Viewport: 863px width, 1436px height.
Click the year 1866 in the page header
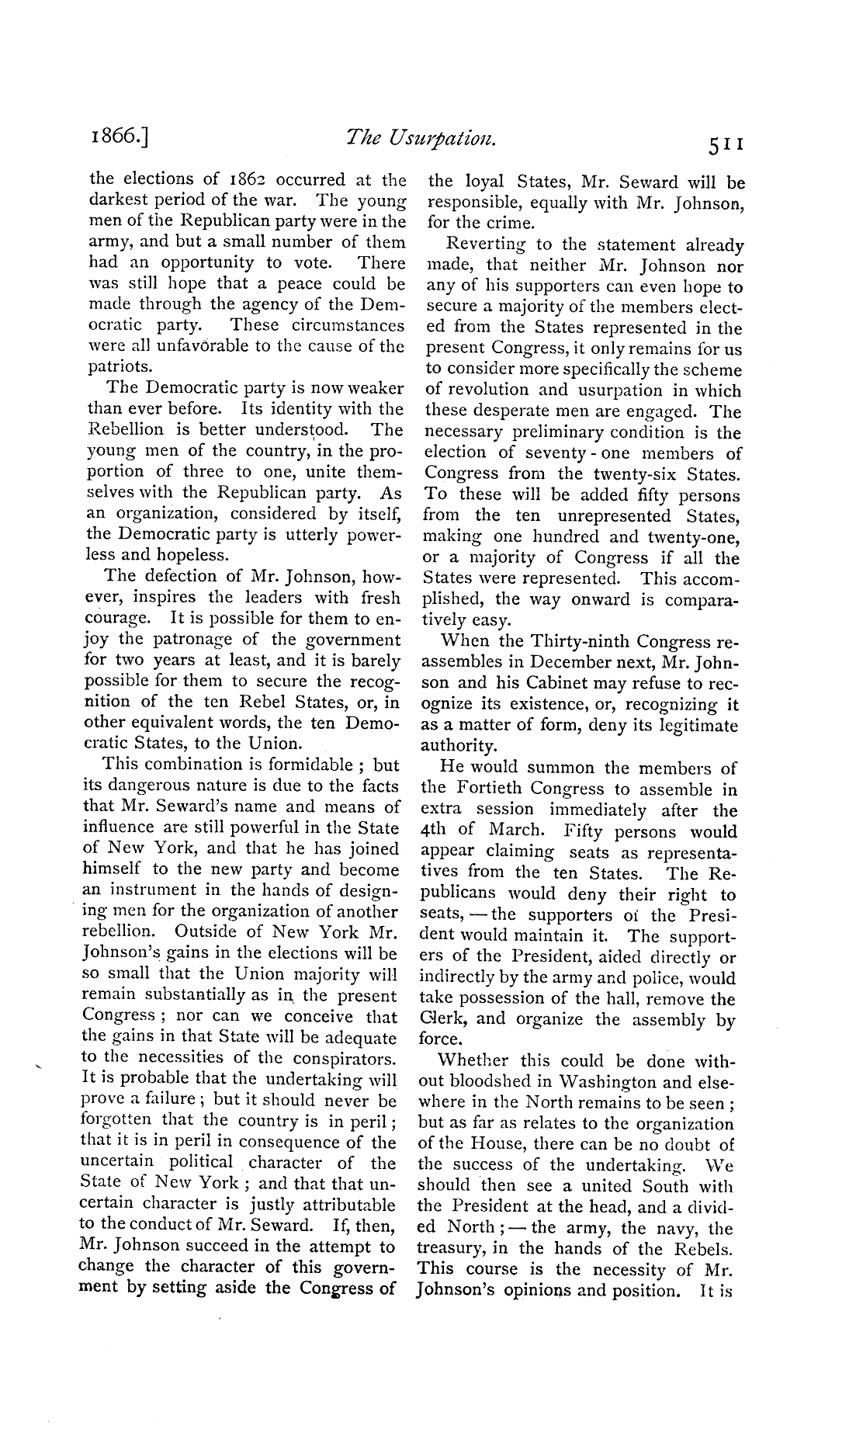click(119, 138)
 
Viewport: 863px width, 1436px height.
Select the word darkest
click(117, 202)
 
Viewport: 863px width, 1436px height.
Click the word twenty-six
click(632, 474)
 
